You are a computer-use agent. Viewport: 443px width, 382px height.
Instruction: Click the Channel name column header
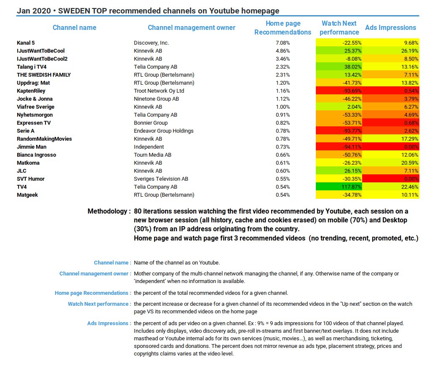(74, 28)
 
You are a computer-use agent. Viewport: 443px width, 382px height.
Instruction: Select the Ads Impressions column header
(390, 28)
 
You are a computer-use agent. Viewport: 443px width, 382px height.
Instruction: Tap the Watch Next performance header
(339, 28)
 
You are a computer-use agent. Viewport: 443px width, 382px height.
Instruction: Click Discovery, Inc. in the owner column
(151, 43)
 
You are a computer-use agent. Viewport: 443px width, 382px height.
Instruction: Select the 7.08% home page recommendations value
(283, 43)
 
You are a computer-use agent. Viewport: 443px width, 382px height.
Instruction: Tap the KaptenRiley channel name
(31, 91)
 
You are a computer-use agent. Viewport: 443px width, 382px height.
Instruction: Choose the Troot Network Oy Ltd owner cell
(159, 91)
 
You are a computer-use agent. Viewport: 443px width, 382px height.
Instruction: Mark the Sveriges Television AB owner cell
(161, 179)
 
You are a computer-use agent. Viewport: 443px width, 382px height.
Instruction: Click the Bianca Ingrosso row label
(36, 155)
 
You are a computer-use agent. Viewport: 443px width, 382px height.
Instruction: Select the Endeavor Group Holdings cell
(164, 131)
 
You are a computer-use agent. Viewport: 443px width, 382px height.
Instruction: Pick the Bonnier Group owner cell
(151, 123)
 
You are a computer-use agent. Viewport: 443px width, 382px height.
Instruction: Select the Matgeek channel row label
(27, 195)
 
